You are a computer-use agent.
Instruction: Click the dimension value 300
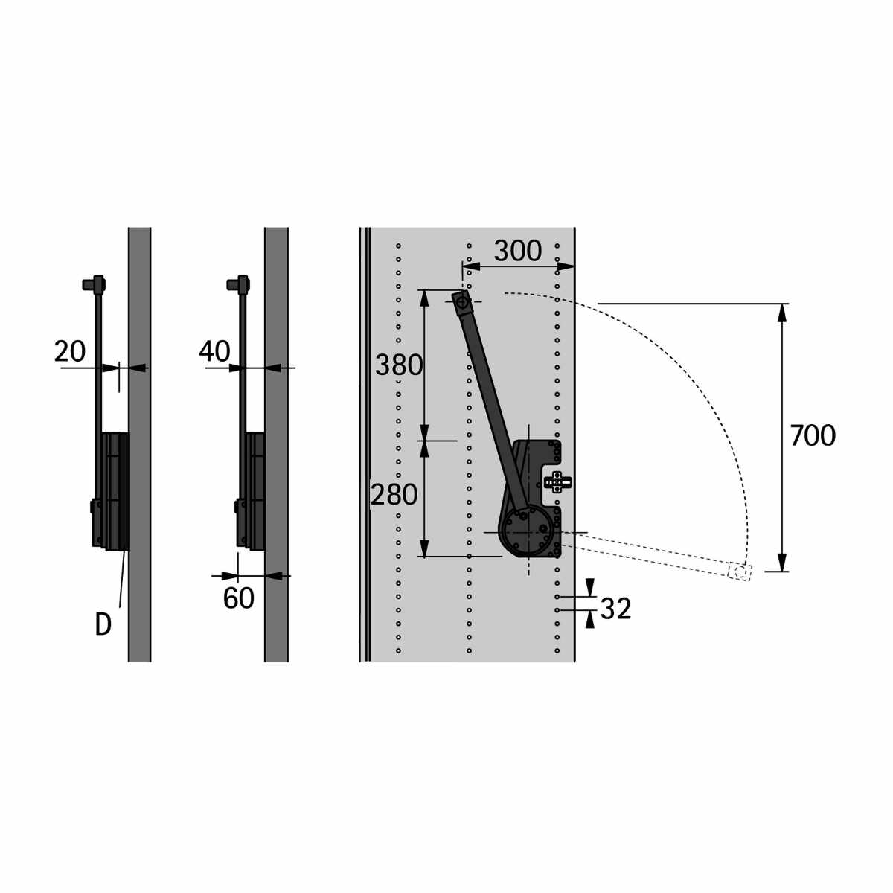pos(517,252)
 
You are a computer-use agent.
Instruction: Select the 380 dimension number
pos(399,365)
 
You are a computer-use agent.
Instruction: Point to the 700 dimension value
pos(813,435)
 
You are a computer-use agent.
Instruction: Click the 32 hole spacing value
pos(616,609)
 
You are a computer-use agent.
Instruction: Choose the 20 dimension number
pos(70,351)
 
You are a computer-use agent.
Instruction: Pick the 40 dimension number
pos(214,351)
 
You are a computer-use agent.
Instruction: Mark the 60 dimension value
pos(239,598)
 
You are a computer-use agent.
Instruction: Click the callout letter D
pos(103,624)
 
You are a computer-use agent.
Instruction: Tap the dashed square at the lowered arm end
pos(740,572)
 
